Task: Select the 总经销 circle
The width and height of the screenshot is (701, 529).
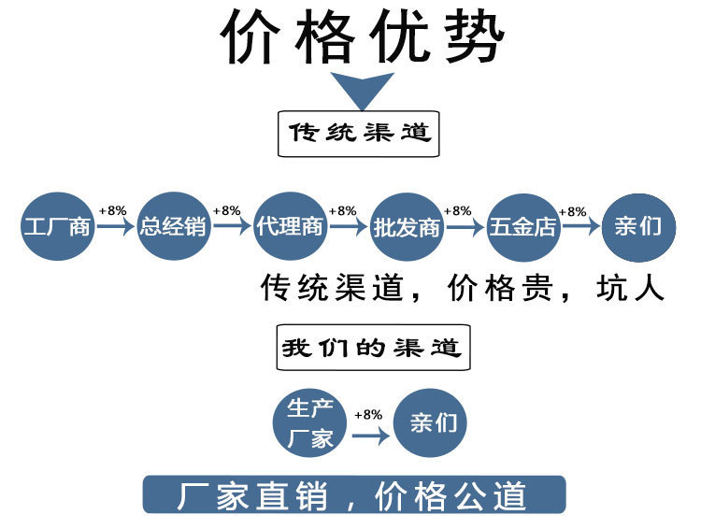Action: coord(173,226)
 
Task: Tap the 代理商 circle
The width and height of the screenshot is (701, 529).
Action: coord(289,226)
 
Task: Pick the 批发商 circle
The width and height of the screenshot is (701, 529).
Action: coord(406,226)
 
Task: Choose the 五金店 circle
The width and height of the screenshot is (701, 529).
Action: coord(522,226)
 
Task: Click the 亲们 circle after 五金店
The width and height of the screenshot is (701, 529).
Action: coord(638,226)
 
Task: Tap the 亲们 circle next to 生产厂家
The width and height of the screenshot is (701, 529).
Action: coord(432,422)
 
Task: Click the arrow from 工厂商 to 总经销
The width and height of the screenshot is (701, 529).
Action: coord(116,227)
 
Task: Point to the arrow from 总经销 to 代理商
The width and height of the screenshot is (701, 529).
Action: coord(231,227)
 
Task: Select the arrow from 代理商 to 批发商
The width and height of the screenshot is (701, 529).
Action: coord(347,227)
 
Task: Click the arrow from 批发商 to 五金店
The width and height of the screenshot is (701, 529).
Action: coord(464,227)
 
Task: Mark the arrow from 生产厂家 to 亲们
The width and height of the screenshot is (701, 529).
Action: coord(371,435)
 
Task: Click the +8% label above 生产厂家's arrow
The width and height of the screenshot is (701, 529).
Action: coord(368,414)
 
